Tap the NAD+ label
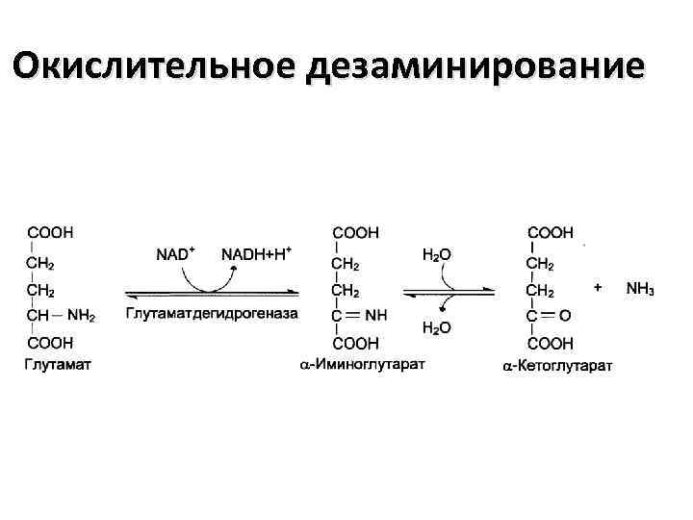(176, 255)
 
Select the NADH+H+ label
(257, 255)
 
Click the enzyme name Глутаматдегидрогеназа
(212, 313)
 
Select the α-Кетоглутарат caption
(558, 365)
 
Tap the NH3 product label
(640, 289)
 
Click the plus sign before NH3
(599, 287)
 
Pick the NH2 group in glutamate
(81, 314)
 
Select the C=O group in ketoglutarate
(552, 314)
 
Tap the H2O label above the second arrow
(437, 255)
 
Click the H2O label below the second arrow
(437, 328)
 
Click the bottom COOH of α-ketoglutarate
(552, 343)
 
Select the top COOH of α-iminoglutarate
(356, 232)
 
